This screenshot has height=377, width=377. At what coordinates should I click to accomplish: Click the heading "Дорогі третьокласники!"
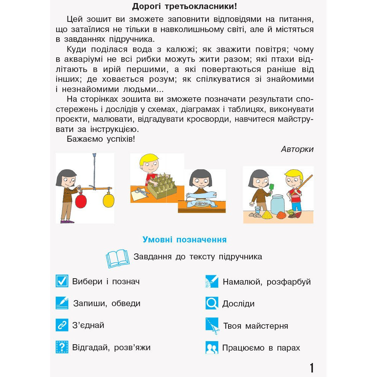point(185,6)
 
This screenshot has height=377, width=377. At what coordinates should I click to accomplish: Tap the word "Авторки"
point(297,149)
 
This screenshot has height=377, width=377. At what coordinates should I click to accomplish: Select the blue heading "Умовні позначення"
point(184,240)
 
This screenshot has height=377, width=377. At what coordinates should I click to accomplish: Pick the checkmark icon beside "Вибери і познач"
point(62,281)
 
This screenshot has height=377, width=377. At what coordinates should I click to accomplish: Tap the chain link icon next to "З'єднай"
point(62,325)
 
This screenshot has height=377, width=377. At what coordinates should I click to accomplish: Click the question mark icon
point(62,346)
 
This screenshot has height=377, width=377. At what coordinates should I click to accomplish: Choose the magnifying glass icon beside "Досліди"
point(212,303)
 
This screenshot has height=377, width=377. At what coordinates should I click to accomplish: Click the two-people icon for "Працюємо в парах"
point(212,347)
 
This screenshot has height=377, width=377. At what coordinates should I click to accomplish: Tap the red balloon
point(81,201)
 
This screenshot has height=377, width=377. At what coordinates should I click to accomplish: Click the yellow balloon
point(108,200)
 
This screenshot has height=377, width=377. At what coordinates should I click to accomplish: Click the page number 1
point(311,368)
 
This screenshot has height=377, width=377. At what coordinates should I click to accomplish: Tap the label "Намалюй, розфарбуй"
point(267,282)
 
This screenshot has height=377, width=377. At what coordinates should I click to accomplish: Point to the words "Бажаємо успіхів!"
point(101,139)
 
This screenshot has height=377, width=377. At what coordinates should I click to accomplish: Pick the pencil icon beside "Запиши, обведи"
point(62,303)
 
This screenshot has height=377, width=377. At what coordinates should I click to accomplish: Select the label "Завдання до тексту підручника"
point(198,257)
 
